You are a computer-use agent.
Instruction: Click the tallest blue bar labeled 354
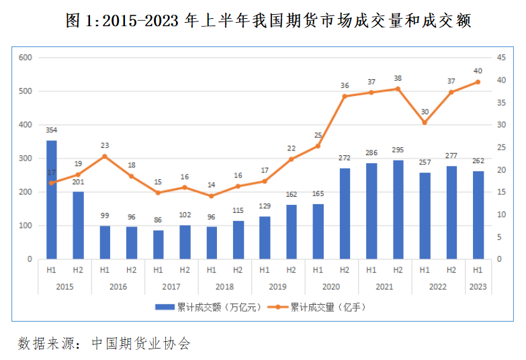point(52,199)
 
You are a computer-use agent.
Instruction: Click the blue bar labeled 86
point(158,244)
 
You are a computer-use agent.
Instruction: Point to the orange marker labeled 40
point(478,82)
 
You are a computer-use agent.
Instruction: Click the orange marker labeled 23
point(105,156)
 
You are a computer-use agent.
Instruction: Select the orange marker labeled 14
point(211,196)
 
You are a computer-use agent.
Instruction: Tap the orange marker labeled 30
point(425,122)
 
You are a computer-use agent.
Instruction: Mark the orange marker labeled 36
point(345,96)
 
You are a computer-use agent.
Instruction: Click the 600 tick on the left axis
point(26,58)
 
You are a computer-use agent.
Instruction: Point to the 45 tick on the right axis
point(501,58)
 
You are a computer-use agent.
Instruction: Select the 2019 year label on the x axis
point(277,286)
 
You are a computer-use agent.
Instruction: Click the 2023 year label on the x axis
point(478,286)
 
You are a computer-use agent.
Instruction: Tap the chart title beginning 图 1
point(263,21)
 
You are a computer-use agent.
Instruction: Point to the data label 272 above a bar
point(345,159)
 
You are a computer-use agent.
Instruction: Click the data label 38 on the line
point(398,78)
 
